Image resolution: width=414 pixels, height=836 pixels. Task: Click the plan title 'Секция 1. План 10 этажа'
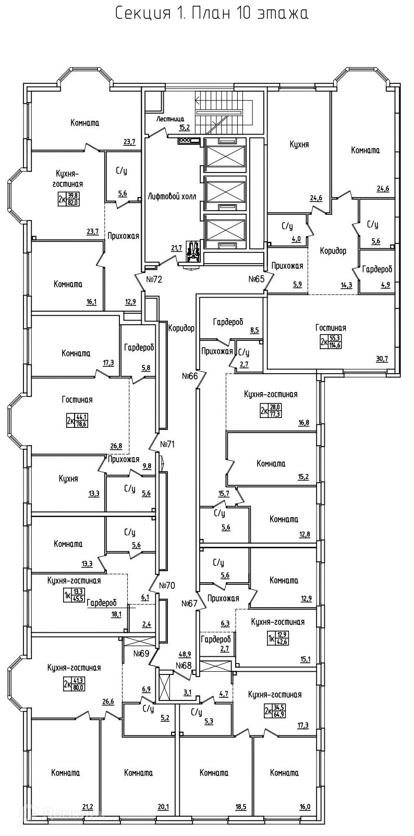pos(211,14)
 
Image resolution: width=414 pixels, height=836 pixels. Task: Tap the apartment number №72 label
pos(154,279)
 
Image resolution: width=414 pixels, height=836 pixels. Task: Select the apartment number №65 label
pos(257,279)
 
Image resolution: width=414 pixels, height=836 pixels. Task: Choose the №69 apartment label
pos(142,653)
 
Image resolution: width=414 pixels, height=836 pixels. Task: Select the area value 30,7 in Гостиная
pos(382,359)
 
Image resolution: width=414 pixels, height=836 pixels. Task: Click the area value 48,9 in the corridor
pos(185,654)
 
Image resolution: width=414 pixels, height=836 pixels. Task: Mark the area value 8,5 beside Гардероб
pos(254,329)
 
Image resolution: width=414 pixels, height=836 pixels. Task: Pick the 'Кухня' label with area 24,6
pos(299,144)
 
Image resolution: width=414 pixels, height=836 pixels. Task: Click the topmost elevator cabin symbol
pos(225,155)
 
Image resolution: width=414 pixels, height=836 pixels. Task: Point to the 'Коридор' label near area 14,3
pos(333,251)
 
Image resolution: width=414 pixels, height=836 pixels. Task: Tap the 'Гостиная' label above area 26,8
pos(77,400)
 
